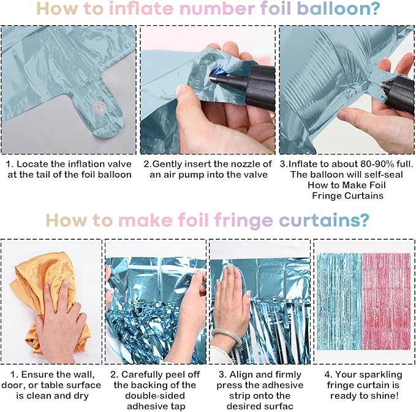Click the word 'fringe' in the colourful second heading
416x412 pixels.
tap(244, 221)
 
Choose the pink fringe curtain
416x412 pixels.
tap(386, 301)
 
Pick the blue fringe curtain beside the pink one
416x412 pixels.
tap(339, 301)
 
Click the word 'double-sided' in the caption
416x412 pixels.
tap(155, 395)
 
